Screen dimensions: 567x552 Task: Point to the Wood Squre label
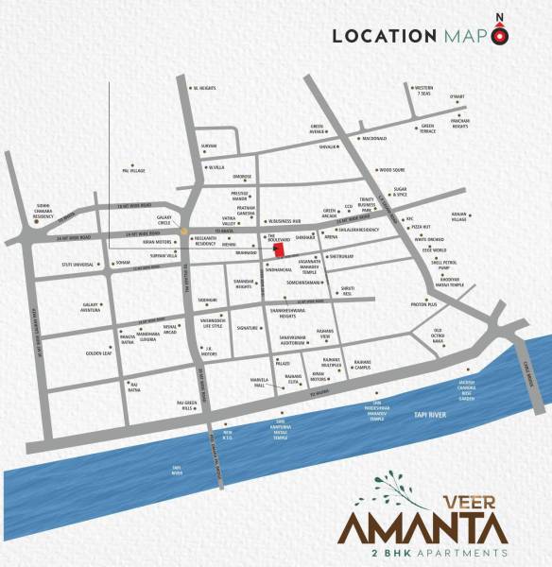click(391, 170)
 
